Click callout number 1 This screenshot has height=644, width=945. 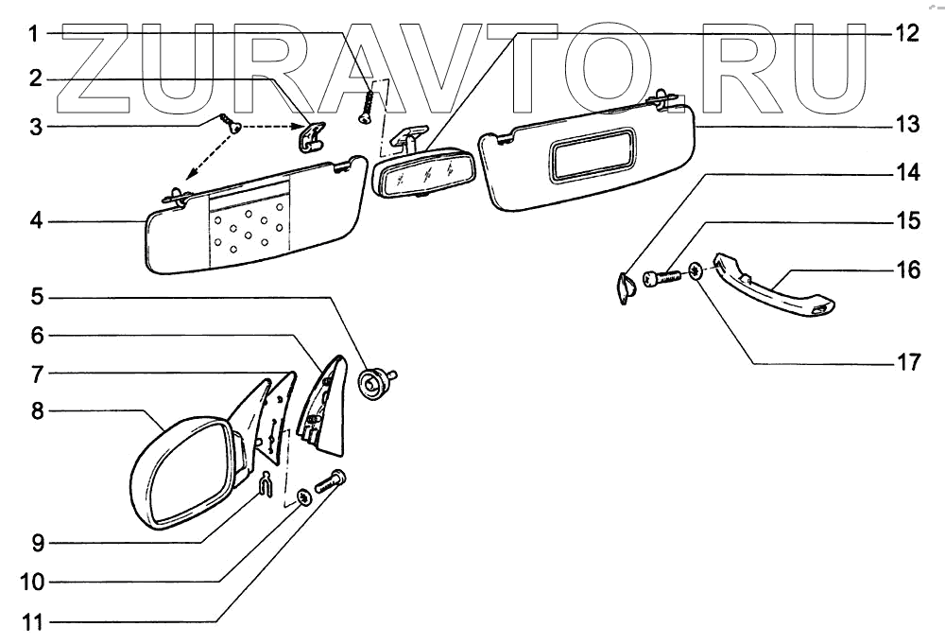point(34,35)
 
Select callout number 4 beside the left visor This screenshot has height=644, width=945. point(34,222)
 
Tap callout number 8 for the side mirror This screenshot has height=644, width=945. point(34,411)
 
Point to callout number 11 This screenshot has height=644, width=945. point(34,622)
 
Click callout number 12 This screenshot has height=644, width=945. point(906,35)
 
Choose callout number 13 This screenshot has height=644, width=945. point(906,125)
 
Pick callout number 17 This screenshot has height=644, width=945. point(906,363)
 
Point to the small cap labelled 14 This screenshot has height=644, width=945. point(624,287)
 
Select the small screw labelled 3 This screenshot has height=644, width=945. point(231,124)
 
